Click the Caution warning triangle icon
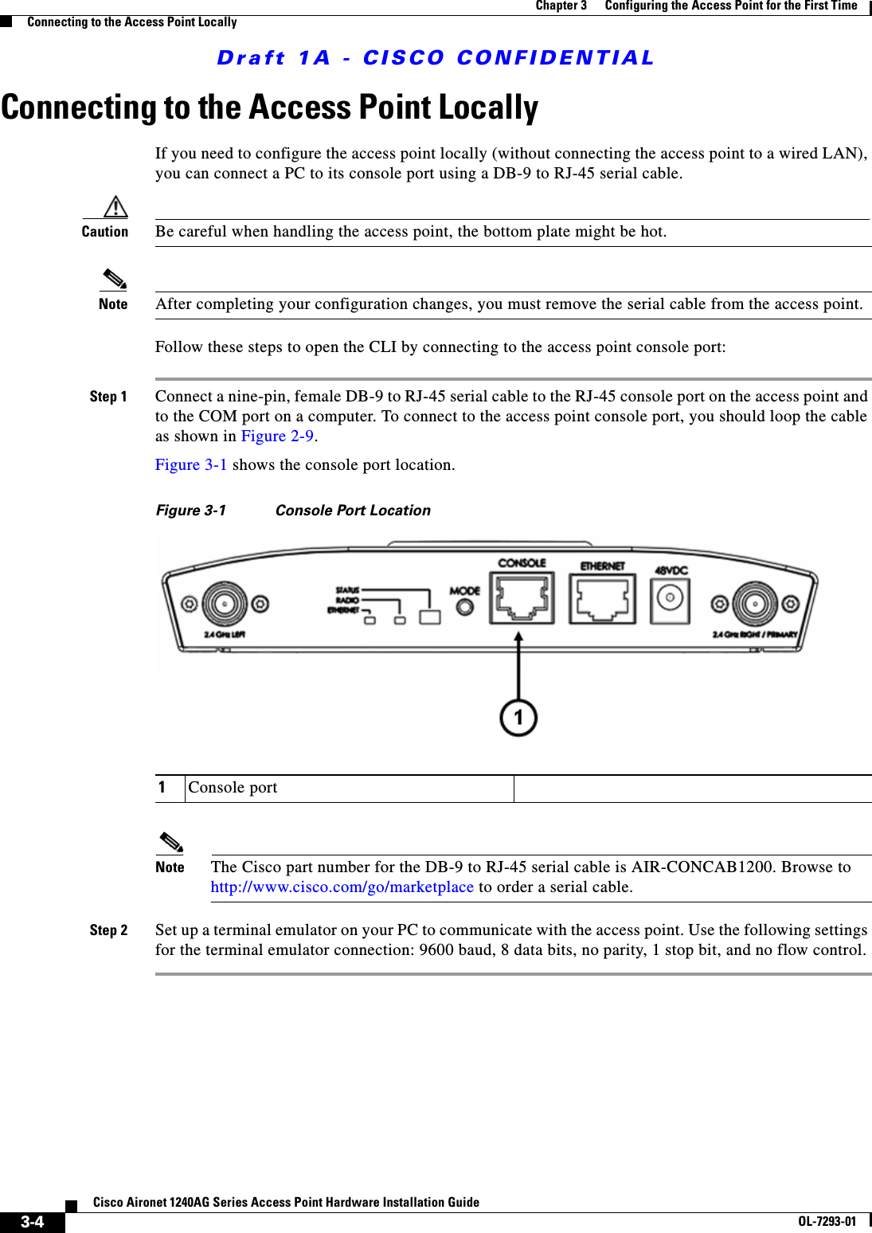point(116,207)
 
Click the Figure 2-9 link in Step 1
point(277,436)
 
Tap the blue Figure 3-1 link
point(191,465)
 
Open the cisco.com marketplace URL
point(342,887)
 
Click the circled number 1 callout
point(518,718)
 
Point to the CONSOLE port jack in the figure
point(522,599)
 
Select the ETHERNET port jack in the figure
point(602,600)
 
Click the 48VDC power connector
point(671,599)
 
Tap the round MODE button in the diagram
point(464,608)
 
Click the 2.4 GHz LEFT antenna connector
point(225,605)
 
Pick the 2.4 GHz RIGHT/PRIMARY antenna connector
point(754,605)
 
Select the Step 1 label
point(108,397)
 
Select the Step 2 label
point(108,930)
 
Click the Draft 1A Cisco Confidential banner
point(436,58)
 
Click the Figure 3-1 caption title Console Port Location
point(353,511)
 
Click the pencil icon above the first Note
point(114,280)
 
